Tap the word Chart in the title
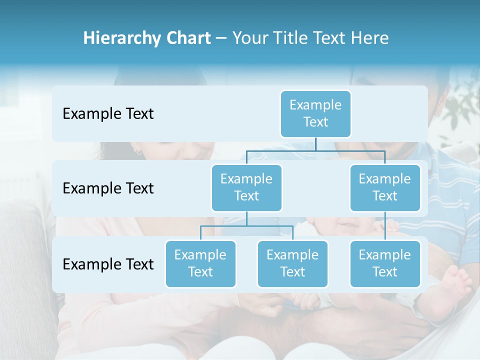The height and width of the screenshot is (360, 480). point(186,38)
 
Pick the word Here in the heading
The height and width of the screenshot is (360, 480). point(369,38)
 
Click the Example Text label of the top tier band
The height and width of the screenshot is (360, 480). point(108,113)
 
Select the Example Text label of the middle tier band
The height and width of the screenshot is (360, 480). point(108,188)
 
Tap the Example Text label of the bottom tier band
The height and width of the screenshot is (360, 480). point(108,264)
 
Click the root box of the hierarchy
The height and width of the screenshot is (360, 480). point(315,113)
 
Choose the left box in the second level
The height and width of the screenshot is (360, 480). point(246,187)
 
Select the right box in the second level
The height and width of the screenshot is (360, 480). point(385,187)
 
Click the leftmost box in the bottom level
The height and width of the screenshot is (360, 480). point(200,263)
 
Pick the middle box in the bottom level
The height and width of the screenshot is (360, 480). point(292,263)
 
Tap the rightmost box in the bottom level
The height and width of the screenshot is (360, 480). point(385,263)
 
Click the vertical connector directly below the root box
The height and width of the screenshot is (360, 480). point(315,144)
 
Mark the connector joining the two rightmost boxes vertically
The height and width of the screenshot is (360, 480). point(385,225)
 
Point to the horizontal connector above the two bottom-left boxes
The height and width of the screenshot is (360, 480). point(246,226)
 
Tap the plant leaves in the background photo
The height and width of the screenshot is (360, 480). point(462,107)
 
